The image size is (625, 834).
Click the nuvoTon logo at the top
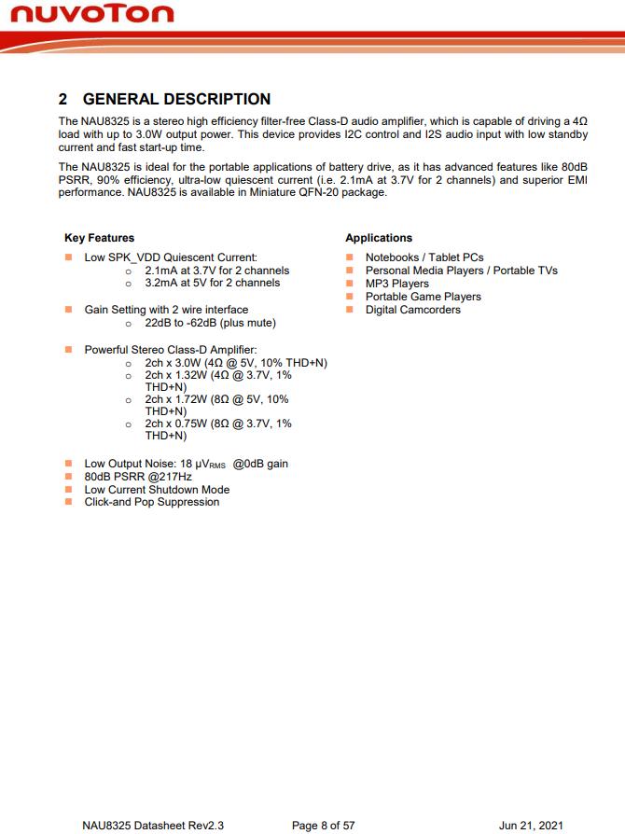click(x=90, y=14)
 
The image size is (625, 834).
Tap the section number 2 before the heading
click(x=62, y=99)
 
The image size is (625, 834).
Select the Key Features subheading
click(x=99, y=238)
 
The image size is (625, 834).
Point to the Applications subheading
click(x=379, y=238)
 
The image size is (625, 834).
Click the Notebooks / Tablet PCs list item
click(x=424, y=257)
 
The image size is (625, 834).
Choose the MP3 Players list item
click(x=397, y=284)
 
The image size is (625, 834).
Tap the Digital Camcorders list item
click(x=413, y=310)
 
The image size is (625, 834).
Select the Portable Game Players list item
click(x=424, y=297)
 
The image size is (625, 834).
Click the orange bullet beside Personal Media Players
click(x=349, y=271)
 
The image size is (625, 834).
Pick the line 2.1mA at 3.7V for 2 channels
click(x=216, y=271)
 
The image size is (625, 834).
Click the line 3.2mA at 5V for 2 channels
click(x=212, y=283)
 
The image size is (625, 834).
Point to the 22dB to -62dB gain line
click(x=210, y=323)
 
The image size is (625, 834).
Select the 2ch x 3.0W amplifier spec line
click(x=236, y=362)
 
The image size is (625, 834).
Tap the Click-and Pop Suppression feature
click(x=152, y=502)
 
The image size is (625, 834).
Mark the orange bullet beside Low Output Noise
click(x=68, y=464)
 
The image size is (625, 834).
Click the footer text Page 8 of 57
click(x=323, y=826)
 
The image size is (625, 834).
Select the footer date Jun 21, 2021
click(x=531, y=826)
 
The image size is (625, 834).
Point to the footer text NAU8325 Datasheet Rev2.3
click(x=153, y=826)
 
